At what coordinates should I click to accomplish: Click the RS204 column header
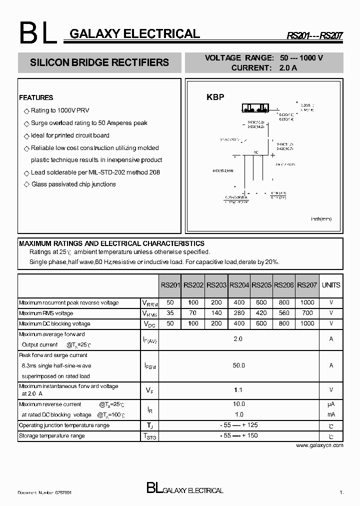(239, 285)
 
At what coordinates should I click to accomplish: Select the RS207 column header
(307, 285)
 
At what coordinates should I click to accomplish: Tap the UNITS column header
(331, 285)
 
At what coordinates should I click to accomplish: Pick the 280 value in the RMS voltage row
(239, 313)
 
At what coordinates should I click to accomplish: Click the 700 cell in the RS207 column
(307, 313)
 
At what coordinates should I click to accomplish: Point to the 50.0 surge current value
(239, 365)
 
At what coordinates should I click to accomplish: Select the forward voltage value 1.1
(239, 389)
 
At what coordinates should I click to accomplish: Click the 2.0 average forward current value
(238, 339)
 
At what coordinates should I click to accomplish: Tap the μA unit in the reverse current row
(331, 404)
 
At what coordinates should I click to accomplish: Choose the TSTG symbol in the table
(150, 436)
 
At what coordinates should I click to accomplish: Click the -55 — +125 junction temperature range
(238, 425)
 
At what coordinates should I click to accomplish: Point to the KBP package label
(215, 97)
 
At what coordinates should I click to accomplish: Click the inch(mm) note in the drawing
(321, 218)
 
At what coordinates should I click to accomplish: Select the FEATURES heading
(36, 97)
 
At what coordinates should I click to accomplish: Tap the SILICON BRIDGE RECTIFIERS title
(99, 63)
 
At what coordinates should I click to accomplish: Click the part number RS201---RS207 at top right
(314, 36)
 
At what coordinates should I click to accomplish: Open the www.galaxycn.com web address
(319, 444)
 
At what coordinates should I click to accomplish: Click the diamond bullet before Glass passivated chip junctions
(27, 184)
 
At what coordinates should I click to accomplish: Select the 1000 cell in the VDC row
(307, 323)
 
